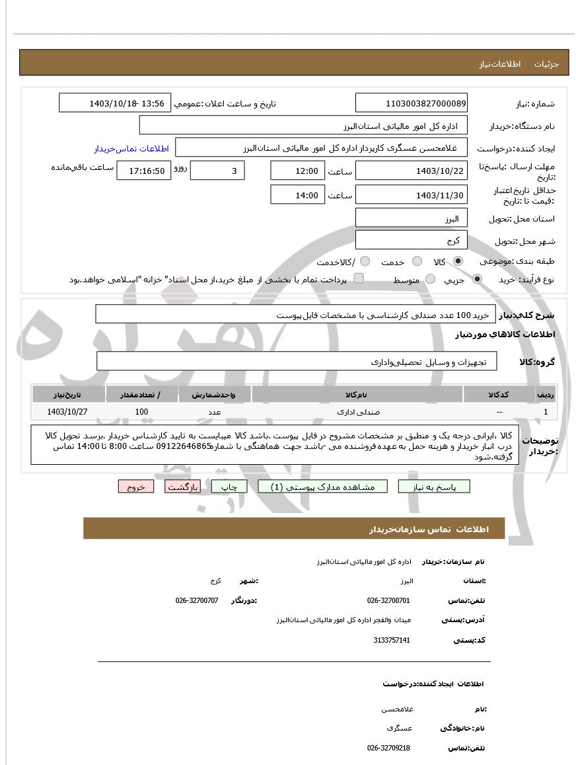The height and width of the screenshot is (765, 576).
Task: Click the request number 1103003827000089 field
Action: [x=411, y=103]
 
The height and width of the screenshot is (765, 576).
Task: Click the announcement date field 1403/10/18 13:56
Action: [x=116, y=103]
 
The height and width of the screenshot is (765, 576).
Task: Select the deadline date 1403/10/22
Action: [x=411, y=171]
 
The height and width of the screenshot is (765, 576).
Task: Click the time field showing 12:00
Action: [x=297, y=171]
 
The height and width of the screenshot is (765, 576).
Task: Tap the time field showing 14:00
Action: [x=297, y=195]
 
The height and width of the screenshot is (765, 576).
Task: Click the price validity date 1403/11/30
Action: [x=411, y=195]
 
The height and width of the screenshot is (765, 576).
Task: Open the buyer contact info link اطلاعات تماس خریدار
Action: [x=131, y=148]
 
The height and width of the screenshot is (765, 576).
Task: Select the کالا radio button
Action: [x=458, y=262]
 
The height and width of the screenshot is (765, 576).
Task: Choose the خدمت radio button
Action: [x=417, y=262]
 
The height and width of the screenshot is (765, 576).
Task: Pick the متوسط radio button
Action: [x=431, y=280]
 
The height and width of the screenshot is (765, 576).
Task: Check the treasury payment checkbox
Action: [x=359, y=278]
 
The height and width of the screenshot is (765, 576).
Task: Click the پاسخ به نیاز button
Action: [x=434, y=487]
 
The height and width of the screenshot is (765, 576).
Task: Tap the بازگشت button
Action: [x=182, y=487]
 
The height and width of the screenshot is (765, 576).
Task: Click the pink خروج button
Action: [x=136, y=487]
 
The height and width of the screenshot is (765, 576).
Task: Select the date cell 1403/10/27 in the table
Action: [x=67, y=411]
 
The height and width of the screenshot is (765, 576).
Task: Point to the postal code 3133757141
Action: [x=392, y=640]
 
